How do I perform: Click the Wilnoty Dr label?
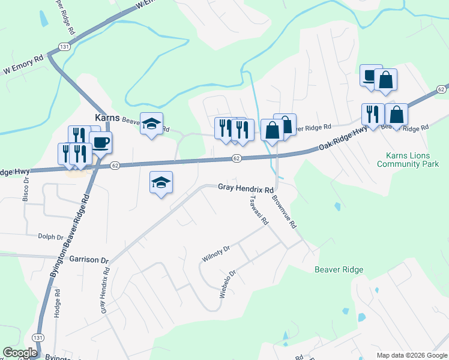(x=216, y=254)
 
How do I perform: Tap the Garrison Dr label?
(x=88, y=260)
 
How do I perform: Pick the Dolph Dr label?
(x=51, y=237)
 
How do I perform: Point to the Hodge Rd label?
(x=58, y=304)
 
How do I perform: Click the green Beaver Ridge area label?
(x=339, y=269)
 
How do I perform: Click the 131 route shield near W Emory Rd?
(x=64, y=46)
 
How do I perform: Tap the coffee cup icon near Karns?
(x=101, y=143)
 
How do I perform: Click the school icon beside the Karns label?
(x=151, y=124)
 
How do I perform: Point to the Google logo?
(x=20, y=353)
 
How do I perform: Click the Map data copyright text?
(x=412, y=355)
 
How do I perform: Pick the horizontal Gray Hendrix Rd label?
(x=246, y=188)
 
